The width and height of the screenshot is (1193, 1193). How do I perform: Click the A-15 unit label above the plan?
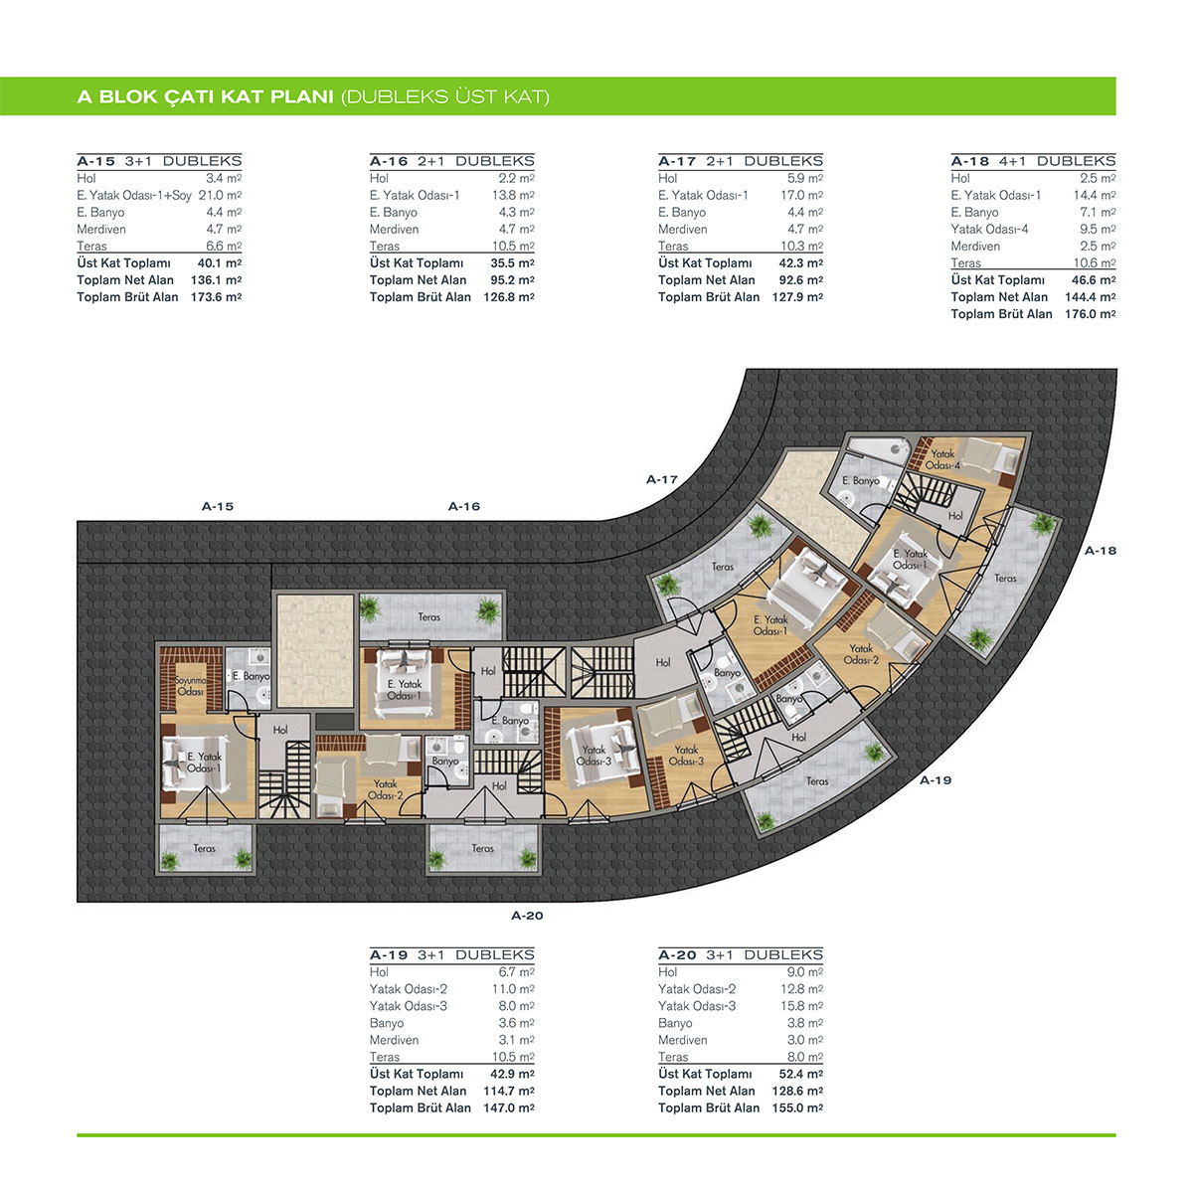pyautogui.click(x=218, y=506)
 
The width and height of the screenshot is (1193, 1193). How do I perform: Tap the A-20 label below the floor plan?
pyautogui.click(x=527, y=916)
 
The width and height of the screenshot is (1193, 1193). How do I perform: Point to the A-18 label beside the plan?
pyautogui.click(x=1101, y=551)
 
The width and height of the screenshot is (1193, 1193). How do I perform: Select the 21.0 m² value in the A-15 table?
pyautogui.click(x=220, y=195)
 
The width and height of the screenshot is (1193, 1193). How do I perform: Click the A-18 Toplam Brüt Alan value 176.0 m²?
pyautogui.click(x=1090, y=314)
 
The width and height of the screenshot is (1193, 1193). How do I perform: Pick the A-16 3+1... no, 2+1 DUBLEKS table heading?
pyautogui.click(x=452, y=161)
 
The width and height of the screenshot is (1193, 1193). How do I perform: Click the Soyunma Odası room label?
pyautogui.click(x=191, y=685)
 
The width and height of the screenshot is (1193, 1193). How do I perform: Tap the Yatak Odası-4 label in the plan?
pyautogui.click(x=942, y=459)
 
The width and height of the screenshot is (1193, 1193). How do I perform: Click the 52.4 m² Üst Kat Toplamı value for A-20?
pyautogui.click(x=800, y=1074)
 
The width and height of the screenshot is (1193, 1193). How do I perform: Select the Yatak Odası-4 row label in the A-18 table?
pyautogui.click(x=989, y=229)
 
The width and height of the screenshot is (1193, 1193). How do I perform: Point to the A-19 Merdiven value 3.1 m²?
pyautogui.click(x=516, y=1040)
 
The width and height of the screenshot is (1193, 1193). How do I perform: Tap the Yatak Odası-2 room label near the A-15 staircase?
pyautogui.click(x=385, y=789)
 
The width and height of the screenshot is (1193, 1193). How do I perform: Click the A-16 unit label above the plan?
pyautogui.click(x=464, y=506)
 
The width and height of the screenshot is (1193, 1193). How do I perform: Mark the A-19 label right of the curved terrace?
pyautogui.click(x=936, y=780)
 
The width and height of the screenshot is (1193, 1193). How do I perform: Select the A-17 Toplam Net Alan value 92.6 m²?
pyautogui.click(x=800, y=279)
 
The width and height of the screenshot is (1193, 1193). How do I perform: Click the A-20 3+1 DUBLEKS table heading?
pyautogui.click(x=741, y=954)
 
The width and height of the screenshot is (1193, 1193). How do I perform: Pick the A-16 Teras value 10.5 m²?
pyautogui.click(x=513, y=246)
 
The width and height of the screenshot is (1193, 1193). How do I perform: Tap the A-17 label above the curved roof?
pyautogui.click(x=662, y=480)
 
